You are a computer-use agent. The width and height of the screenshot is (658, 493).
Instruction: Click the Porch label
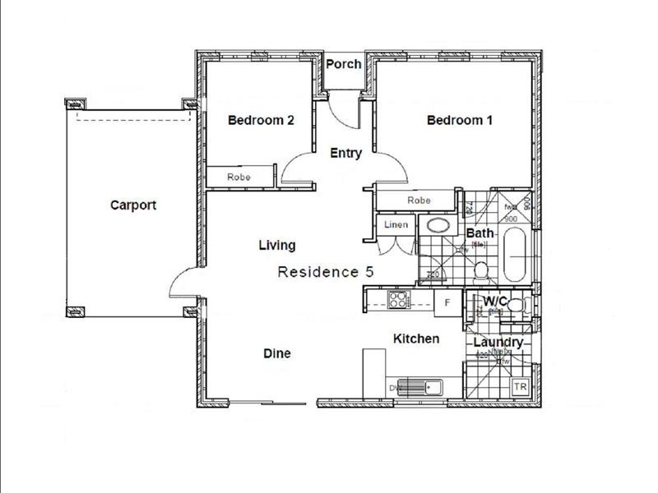[x=344, y=64]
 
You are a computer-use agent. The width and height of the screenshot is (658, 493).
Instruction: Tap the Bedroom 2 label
[x=261, y=120]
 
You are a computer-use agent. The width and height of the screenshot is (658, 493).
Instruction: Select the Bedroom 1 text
[x=460, y=120]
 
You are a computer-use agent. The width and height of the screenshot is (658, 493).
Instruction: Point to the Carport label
[x=133, y=205]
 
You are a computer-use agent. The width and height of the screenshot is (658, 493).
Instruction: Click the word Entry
[x=345, y=153]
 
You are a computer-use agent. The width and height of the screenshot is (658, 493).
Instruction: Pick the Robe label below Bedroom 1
[x=419, y=200]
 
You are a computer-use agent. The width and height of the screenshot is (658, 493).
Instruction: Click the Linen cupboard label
[x=396, y=225]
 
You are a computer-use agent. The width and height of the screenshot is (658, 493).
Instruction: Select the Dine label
[x=276, y=353]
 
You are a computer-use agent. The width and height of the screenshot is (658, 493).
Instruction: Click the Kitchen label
[x=415, y=339]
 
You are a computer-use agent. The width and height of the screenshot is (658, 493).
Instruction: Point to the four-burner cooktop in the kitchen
[x=398, y=301]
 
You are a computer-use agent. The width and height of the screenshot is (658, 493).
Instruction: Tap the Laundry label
[x=498, y=342]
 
